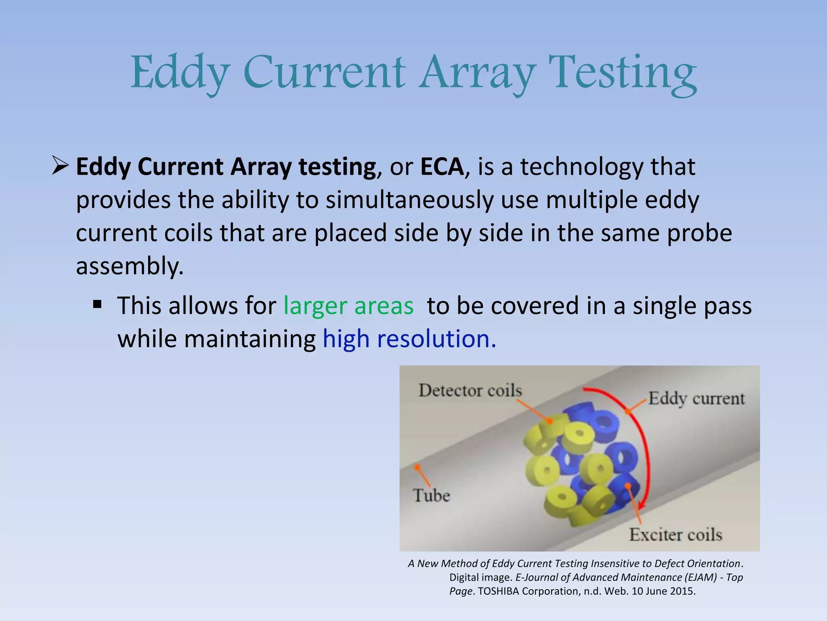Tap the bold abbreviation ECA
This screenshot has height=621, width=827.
442,167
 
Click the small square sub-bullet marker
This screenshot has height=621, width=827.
97,304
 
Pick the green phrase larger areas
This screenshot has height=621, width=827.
348,306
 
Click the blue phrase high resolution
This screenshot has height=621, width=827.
409,339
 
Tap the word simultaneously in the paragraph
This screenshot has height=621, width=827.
409,200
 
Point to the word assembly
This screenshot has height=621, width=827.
129,267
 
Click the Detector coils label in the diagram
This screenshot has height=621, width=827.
470,391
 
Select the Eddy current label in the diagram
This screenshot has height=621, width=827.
696,399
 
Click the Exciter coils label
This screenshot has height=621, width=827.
675,535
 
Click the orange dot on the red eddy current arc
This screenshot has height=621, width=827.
628,412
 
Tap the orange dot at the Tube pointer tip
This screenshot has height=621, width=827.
416,467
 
